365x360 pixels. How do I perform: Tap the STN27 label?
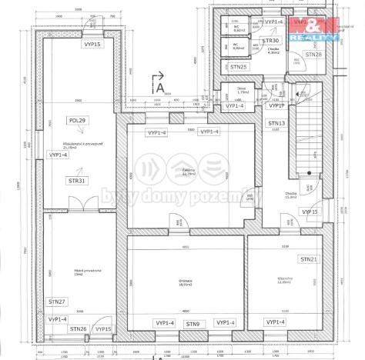coord(56,302)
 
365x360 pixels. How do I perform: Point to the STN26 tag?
coord(78,329)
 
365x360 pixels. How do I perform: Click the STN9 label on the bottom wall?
coord(193,324)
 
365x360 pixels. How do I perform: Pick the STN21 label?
coord(310,260)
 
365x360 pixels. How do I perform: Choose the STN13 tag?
coord(276,123)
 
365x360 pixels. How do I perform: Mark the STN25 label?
coord(239,68)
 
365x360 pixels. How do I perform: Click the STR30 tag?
coord(270,40)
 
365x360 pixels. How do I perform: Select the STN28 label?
coord(313,55)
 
